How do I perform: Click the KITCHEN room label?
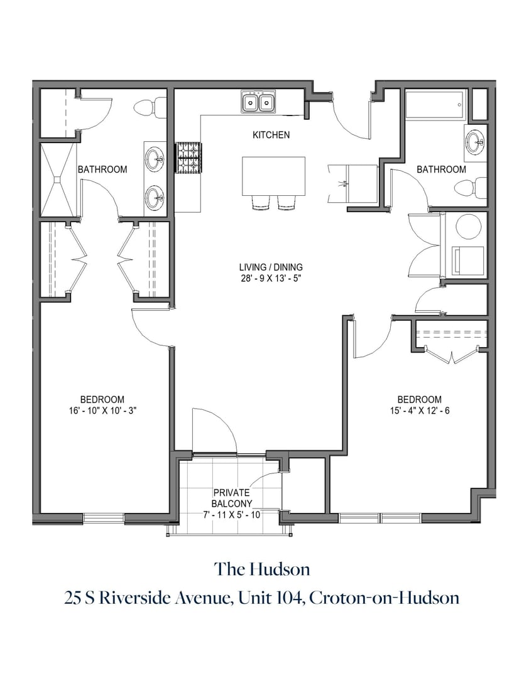[271, 135]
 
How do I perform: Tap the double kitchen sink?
[259, 102]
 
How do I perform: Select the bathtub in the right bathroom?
[435, 104]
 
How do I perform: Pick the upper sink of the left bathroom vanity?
[155, 158]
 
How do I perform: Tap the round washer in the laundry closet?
[467, 227]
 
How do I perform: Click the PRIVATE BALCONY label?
[232, 498]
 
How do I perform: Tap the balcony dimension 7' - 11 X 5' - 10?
[232, 514]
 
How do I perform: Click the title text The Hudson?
[262, 569]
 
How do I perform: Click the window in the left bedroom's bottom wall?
[104, 518]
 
